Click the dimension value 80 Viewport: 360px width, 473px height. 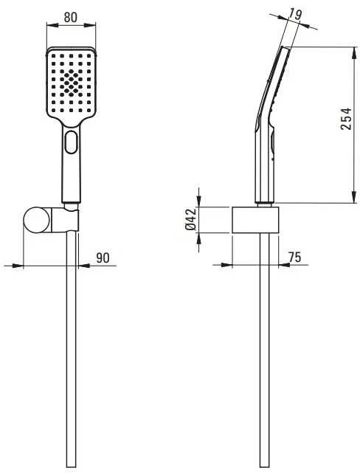71,18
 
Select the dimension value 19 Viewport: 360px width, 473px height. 295,14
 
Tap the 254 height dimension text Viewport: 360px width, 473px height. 346,119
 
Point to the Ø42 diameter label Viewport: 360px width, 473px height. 190,219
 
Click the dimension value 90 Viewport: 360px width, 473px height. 103,258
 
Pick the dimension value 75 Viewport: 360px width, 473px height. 294,258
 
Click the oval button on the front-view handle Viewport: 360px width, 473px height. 71,142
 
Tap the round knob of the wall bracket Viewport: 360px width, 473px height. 36,220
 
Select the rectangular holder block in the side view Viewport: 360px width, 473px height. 255,220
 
